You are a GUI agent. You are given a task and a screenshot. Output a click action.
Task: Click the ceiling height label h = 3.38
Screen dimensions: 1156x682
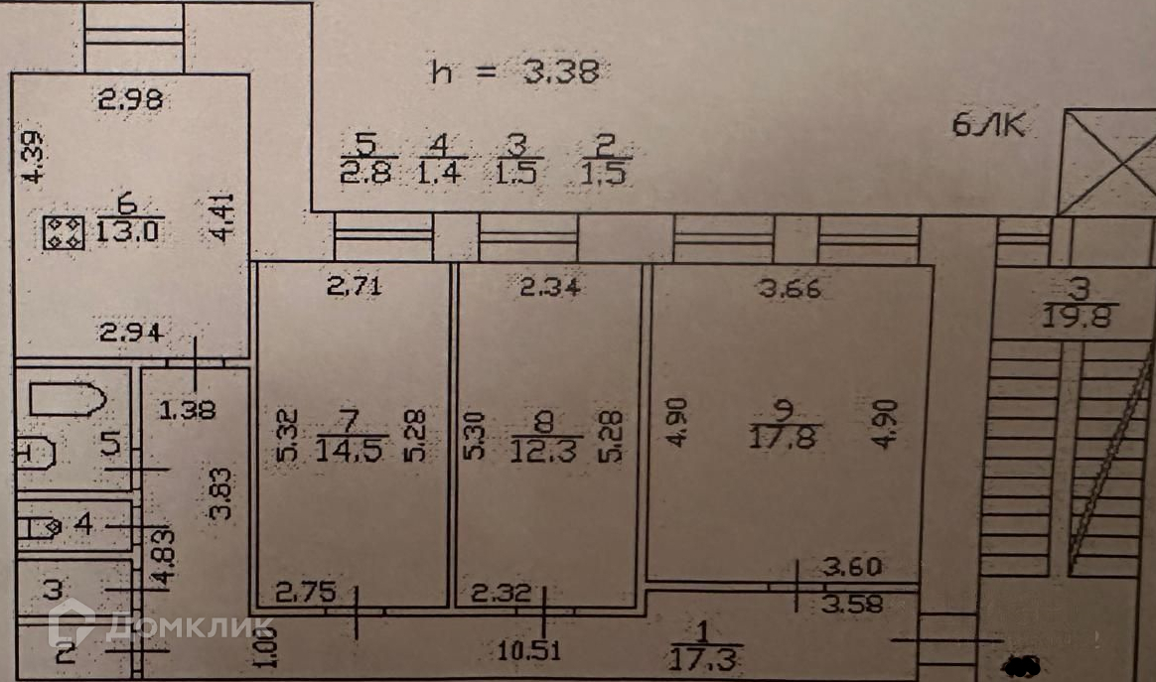pyautogui.click(x=516, y=71)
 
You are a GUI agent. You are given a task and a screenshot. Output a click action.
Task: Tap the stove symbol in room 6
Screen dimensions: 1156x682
pyautogui.click(x=65, y=233)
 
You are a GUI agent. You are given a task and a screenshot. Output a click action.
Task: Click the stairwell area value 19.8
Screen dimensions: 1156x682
pyautogui.click(x=1082, y=318)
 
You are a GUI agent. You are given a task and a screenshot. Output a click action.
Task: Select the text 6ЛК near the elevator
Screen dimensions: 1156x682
pyautogui.click(x=987, y=126)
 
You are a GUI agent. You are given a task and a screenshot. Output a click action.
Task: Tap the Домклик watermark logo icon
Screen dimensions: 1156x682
pyautogui.click(x=71, y=624)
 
